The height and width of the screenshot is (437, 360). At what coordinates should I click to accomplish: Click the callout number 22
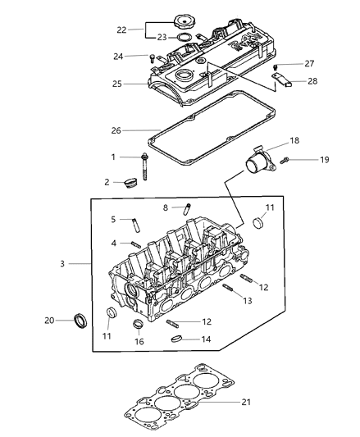click(x=122, y=30)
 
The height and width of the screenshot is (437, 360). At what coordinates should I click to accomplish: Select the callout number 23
click(x=162, y=37)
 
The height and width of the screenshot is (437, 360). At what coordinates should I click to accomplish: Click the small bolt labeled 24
click(x=153, y=57)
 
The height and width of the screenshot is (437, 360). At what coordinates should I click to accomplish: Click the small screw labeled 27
click(x=276, y=66)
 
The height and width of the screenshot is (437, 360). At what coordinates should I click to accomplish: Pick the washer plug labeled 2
click(x=127, y=181)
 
